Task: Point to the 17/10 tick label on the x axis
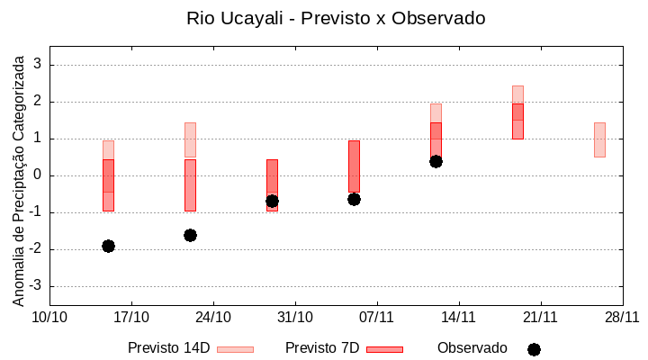click(x=131, y=317)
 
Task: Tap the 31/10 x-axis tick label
click(x=295, y=317)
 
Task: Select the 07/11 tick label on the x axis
click(x=377, y=317)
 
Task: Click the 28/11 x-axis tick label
click(x=622, y=317)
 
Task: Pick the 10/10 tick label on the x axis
click(x=49, y=317)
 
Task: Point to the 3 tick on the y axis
click(x=38, y=65)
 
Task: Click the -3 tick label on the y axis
click(x=35, y=286)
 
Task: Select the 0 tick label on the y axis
click(x=38, y=175)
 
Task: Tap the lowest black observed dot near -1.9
click(x=108, y=246)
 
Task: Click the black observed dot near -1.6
click(x=190, y=235)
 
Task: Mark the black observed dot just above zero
click(x=436, y=161)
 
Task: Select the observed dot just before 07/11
click(x=354, y=199)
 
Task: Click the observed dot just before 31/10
click(x=272, y=201)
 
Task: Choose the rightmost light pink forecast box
click(x=599, y=139)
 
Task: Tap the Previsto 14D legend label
click(x=168, y=348)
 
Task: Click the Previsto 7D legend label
click(x=322, y=348)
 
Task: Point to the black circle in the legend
click(x=534, y=349)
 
